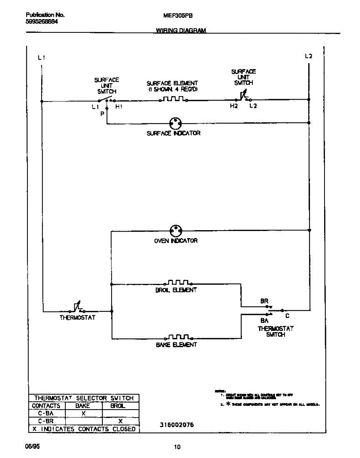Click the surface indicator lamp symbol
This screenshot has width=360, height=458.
(176, 123)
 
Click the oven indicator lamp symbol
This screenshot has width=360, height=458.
(176, 230)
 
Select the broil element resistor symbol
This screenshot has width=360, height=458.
(178, 283)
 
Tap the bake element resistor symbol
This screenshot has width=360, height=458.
(178, 337)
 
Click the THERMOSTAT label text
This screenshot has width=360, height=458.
(77, 318)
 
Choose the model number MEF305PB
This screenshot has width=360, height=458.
(178, 16)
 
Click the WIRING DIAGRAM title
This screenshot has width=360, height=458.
(181, 31)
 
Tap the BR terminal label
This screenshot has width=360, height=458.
(264, 301)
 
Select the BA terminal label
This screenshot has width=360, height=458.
(264, 321)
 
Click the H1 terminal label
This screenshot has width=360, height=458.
(119, 107)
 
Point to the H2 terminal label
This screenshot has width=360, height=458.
(234, 106)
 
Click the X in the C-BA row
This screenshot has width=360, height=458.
(84, 413)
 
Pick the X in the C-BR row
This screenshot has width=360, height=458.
(120, 421)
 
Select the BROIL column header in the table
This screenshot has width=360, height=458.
(118, 406)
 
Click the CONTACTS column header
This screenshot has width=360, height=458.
(46, 406)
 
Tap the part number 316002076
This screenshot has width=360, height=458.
(174, 425)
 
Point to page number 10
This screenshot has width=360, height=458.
(177, 447)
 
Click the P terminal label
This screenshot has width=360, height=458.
(102, 114)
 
